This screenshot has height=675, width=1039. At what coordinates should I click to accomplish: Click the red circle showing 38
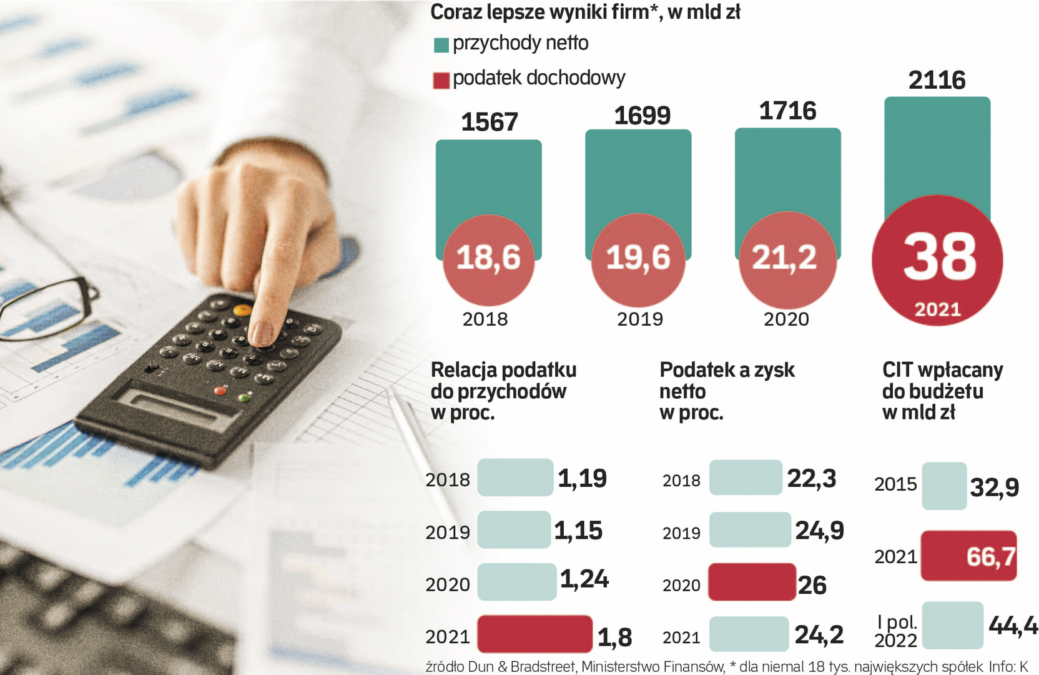coord(937,260)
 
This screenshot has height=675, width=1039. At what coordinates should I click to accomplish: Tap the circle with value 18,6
coord(488,259)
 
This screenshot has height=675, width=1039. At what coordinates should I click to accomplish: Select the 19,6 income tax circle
coord(638,259)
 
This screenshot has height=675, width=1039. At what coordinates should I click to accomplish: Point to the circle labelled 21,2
coord(787,259)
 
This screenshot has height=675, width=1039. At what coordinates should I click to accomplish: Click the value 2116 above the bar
coord(937,81)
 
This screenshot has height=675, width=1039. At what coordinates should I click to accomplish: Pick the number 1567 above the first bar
coord(490,122)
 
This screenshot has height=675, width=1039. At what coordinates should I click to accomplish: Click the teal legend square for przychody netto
coord(441,45)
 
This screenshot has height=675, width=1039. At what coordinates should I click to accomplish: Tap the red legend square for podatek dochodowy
coord(441,80)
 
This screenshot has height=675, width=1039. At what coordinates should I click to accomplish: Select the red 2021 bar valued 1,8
coord(534,634)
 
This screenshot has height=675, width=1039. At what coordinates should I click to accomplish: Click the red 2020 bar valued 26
coord(752,582)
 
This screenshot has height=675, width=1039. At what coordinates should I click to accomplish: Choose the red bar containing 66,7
coord(968,556)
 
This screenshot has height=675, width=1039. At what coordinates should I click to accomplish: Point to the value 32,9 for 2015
coord(994,487)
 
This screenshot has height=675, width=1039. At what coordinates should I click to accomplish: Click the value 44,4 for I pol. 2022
coord(1013,625)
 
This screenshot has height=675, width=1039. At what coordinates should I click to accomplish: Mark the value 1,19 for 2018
coord(582,479)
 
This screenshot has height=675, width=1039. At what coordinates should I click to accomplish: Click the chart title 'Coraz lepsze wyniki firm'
coord(584,12)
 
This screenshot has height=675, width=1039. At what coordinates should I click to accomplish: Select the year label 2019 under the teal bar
coord(640,319)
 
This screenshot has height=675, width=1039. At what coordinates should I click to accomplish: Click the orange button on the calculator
coord(242,309)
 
